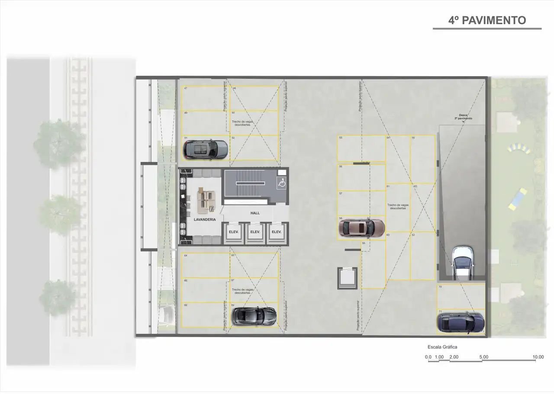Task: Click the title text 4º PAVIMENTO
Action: (487, 20)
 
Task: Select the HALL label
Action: (255, 213)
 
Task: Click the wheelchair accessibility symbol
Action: (281, 183)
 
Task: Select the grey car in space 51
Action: (206, 149)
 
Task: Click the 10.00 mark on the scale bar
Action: (538, 357)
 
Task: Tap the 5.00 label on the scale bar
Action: (484, 357)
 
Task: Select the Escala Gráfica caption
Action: (442, 347)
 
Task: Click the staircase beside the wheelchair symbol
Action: (249, 184)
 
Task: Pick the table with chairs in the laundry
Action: (206, 200)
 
